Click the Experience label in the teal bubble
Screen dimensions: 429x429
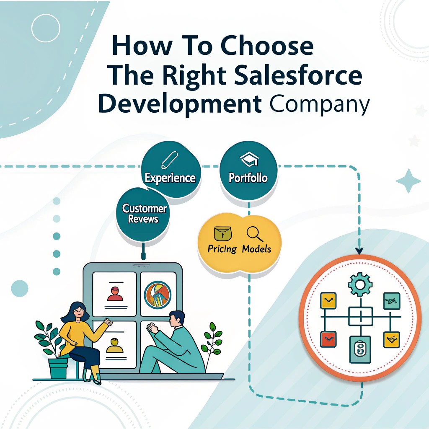click(170, 178)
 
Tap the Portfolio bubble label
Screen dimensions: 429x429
click(248, 178)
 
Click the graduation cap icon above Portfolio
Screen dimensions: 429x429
click(249, 159)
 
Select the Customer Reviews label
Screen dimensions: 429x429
click(145, 214)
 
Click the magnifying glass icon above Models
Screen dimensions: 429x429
click(255, 234)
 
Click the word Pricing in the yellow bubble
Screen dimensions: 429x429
click(222, 249)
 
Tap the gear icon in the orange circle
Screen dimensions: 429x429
click(360, 284)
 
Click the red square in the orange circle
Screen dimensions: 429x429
click(328, 339)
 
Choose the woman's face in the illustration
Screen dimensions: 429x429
click(79, 312)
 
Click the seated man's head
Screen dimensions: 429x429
click(176, 319)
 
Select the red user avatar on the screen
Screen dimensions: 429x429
click(115, 294)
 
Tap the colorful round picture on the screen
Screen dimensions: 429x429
click(158, 295)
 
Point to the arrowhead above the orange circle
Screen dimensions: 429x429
click(359, 251)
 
